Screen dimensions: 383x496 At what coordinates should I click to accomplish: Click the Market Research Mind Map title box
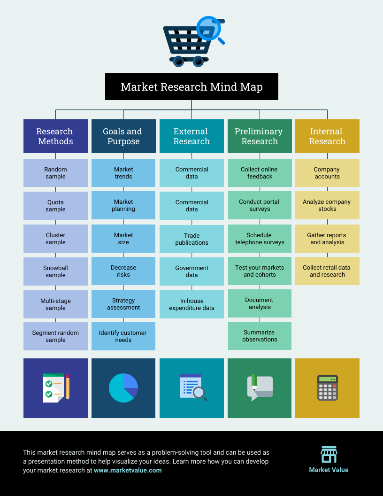click(191, 87)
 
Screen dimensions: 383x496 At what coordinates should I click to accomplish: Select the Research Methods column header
click(55, 136)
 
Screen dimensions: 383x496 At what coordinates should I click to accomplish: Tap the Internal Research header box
click(328, 136)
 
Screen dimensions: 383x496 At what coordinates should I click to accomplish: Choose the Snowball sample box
click(55, 271)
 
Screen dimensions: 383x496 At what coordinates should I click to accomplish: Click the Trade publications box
click(191, 239)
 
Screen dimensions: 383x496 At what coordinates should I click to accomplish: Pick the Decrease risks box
click(123, 271)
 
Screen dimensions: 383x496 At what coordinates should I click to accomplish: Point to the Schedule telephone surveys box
click(260, 239)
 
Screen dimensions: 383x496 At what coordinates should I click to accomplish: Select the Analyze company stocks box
click(328, 205)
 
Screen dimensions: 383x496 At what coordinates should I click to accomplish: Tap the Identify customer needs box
click(123, 336)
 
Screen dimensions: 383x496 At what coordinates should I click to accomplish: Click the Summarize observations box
click(260, 336)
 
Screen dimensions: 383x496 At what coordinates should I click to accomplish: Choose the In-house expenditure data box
click(191, 304)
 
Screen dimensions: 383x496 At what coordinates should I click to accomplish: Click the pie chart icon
click(123, 388)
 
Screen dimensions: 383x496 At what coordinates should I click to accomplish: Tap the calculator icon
click(328, 388)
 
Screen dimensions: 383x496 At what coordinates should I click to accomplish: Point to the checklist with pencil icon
click(56, 388)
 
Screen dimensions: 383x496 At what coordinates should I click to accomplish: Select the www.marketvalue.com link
click(128, 470)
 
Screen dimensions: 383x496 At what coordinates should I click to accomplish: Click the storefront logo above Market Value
click(329, 455)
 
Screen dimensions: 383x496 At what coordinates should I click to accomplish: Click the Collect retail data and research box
click(328, 271)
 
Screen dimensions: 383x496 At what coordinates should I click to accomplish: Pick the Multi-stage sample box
click(55, 304)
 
